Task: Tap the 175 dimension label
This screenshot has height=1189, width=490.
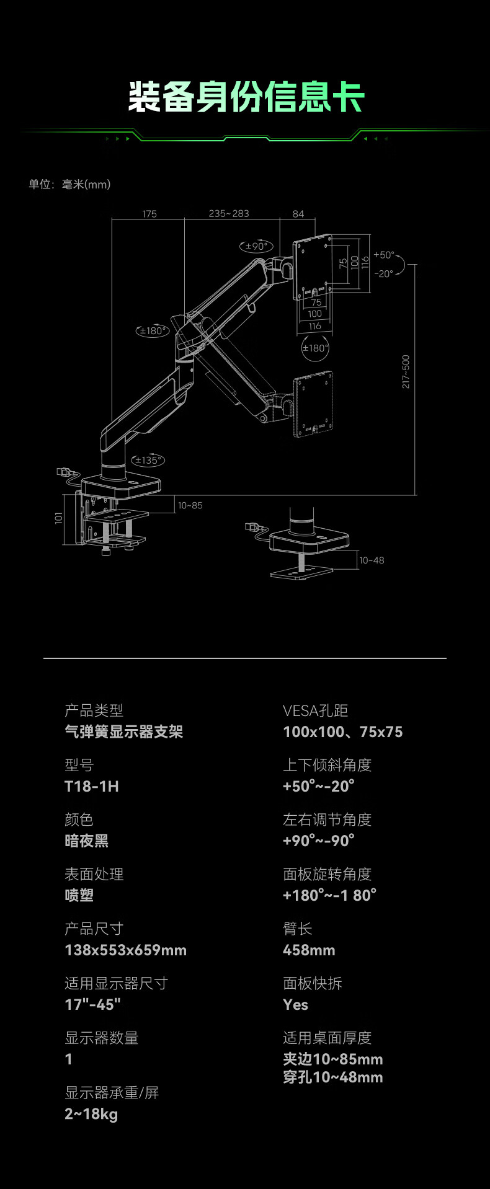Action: click(149, 214)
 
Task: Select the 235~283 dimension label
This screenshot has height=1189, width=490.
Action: click(229, 214)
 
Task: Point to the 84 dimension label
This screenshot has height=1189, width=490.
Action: click(298, 214)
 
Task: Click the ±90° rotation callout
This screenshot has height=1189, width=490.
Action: click(256, 246)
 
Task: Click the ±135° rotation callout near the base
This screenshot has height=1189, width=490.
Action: click(148, 460)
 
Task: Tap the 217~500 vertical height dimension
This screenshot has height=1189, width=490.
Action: click(406, 371)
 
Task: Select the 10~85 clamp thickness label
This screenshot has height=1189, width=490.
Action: click(190, 505)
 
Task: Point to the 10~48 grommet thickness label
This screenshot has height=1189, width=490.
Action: click(372, 560)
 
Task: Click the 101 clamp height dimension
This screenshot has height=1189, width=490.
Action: click(59, 518)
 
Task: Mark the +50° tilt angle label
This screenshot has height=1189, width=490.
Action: click(384, 255)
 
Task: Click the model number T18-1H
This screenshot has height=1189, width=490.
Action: click(92, 786)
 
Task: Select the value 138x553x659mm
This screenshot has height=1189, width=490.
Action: click(125, 950)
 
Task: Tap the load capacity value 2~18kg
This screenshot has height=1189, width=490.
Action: click(91, 1113)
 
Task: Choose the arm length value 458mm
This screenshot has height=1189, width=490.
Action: click(309, 950)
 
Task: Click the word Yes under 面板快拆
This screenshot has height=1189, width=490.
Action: click(295, 1004)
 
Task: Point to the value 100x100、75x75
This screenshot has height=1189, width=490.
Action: click(342, 732)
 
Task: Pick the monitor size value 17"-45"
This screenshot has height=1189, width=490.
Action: click(92, 1004)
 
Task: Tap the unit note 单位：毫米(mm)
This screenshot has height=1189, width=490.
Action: click(69, 184)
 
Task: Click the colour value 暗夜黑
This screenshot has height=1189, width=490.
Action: click(86, 841)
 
